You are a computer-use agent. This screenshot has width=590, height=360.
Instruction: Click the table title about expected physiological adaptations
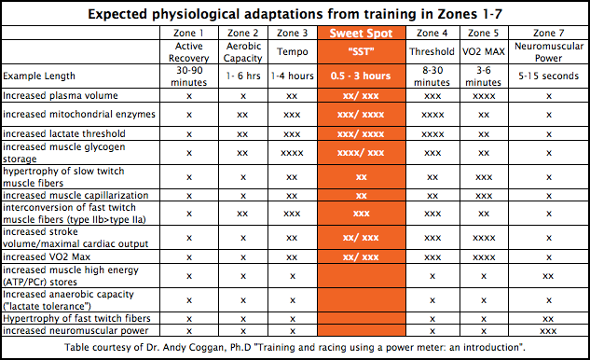[x=295, y=13]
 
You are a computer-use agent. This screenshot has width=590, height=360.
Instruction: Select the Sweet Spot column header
[x=364, y=33]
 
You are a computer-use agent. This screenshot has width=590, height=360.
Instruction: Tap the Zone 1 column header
[x=189, y=33]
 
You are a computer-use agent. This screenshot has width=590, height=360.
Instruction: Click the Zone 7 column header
[x=548, y=33]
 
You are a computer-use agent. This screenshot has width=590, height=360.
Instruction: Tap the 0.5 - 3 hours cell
[x=364, y=76]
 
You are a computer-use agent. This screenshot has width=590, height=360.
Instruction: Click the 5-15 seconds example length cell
[x=548, y=76]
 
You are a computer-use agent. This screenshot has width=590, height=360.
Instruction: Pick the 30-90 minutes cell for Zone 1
[x=189, y=75]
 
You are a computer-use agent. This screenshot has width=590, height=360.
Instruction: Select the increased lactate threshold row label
[x=62, y=134]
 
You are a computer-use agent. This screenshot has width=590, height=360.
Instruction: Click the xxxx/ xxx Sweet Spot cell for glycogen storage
[x=364, y=153]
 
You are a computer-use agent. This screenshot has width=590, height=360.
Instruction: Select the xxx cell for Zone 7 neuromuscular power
[x=548, y=330]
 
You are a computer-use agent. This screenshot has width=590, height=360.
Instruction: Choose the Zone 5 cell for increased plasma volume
[x=483, y=95]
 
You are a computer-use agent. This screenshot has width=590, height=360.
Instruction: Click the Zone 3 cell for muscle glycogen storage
[x=292, y=153]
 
